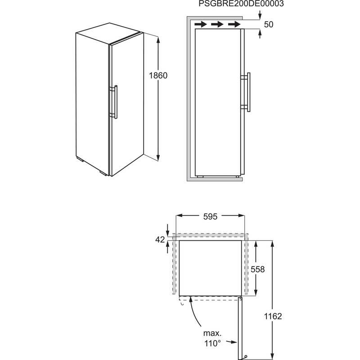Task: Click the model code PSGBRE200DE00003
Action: tap(241, 4)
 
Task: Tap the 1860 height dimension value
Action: tap(158, 75)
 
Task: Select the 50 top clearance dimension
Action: tap(269, 24)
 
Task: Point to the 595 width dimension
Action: tap(210, 216)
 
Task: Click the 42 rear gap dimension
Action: tap(160, 239)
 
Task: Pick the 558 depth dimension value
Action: tap(257, 269)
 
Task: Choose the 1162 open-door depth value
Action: tap(273, 316)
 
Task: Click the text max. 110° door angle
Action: tap(212, 338)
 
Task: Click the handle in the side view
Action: tap(246, 92)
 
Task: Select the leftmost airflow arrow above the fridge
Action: tap(201, 24)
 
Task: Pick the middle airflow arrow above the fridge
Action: tap(217, 24)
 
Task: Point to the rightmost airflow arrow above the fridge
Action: tap(234, 24)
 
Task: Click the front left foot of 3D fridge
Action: tap(103, 173)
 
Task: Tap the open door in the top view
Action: tap(240, 328)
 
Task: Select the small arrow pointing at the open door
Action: tap(231, 342)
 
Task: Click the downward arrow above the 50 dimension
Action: tap(260, 15)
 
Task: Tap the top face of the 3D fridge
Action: tap(110, 33)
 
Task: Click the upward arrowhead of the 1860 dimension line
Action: tap(158, 40)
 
